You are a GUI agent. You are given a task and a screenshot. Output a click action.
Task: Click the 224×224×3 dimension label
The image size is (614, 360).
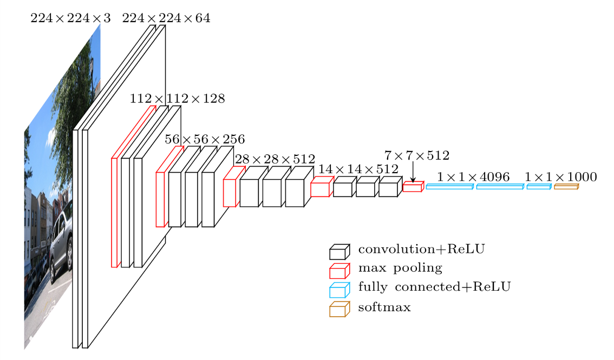[70, 18]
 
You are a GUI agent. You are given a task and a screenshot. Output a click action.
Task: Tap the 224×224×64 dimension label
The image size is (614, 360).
[166, 18]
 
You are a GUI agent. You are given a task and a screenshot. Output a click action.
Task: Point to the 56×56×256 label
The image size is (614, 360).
[205, 139]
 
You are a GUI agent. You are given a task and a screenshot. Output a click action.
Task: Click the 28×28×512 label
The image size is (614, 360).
[275, 159]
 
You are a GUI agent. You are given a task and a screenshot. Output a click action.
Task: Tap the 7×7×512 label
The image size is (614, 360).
[416, 156]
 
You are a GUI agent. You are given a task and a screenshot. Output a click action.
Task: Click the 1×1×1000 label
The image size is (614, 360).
[560, 176]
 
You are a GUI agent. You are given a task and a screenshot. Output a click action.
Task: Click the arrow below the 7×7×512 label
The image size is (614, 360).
[413, 173]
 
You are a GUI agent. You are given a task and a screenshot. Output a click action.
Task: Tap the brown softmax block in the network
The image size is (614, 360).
[566, 187]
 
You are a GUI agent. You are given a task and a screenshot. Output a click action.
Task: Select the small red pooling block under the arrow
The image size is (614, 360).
[413, 187]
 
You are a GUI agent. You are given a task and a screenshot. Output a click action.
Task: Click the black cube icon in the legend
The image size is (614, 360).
[339, 252]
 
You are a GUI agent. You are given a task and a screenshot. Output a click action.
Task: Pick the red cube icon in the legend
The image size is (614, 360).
[339, 271]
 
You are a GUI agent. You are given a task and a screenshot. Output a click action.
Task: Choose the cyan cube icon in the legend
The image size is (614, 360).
[339, 290]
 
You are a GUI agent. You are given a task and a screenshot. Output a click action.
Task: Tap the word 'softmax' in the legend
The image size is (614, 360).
[384, 307]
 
